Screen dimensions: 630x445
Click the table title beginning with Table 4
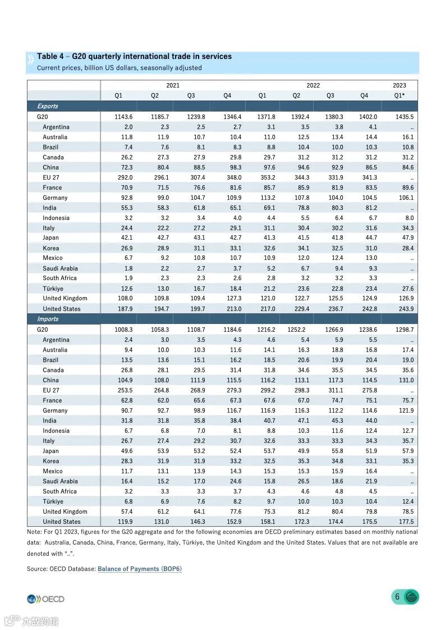[134, 57]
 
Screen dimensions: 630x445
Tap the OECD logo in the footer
[45, 599]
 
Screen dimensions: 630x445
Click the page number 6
[397, 597]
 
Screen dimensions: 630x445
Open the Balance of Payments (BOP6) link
[140, 569]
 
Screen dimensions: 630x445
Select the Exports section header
[48, 106]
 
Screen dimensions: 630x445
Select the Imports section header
[48, 319]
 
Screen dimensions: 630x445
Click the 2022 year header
[313, 85]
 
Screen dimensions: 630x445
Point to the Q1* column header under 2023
[399, 95]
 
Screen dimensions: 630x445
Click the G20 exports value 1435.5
[404, 117]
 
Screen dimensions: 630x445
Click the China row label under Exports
[51, 167]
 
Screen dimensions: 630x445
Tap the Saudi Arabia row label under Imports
[60, 481]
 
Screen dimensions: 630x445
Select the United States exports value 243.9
[404, 309]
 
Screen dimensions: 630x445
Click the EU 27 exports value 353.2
[266, 177]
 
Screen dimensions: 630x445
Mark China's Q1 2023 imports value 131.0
[405, 380]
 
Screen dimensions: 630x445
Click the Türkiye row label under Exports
[53, 289]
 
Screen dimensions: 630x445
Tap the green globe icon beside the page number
[412, 597]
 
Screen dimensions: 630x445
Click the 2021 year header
[173, 85]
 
